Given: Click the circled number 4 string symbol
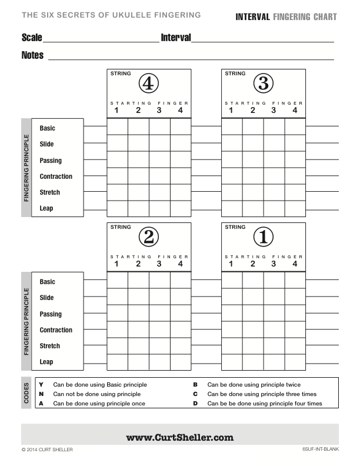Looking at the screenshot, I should point(148,84).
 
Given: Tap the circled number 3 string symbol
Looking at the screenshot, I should point(263,84).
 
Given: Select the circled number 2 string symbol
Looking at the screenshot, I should point(148,237).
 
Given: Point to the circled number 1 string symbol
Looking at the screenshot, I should point(263,237).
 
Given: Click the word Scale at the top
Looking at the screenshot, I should point(32,38).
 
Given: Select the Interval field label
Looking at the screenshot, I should point(176,38).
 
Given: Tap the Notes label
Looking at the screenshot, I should point(32,55).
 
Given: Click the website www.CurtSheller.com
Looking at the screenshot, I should point(179,437).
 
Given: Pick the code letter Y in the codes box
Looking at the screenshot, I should point(41,385).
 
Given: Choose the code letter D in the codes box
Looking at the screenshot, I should point(195,404).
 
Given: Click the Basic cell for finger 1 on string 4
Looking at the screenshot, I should point(118,127).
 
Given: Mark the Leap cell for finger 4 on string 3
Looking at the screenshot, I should point(295,208).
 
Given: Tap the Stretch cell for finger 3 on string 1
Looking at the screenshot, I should point(274,345).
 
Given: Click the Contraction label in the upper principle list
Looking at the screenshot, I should point(56,177).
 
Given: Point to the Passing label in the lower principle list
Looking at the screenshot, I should point(51,314).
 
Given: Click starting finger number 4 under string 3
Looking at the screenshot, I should point(295,110).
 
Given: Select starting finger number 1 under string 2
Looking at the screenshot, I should point(116,264).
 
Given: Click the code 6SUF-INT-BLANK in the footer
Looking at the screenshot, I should point(319,450).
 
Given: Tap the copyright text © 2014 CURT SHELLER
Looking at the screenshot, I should point(47,450).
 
